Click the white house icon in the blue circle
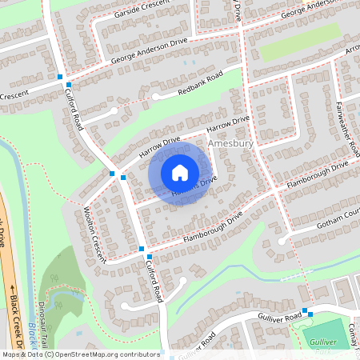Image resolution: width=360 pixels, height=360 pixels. pyautogui.click(x=180, y=172)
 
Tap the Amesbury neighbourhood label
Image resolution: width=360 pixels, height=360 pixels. pyautogui.click(x=230, y=143)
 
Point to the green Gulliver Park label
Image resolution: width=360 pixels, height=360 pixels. pyautogui.click(x=342, y=342)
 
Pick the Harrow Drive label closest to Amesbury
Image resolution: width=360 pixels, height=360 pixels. pyautogui.click(x=228, y=125)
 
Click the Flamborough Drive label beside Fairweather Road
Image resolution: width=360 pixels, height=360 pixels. pyautogui.click(x=318, y=175)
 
